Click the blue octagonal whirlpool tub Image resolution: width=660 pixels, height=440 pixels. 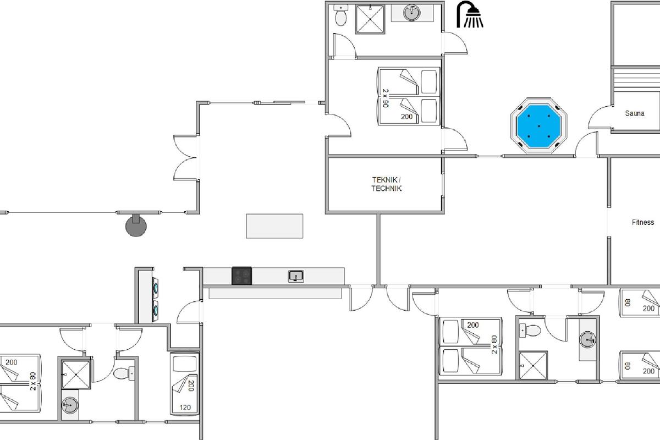538,125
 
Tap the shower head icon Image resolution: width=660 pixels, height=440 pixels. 470,14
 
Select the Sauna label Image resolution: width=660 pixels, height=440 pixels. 635,113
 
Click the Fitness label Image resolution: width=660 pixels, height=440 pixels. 642,222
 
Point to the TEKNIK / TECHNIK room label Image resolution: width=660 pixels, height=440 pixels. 386,184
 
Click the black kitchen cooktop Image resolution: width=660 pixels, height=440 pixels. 241,276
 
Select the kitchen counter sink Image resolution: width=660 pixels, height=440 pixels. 296,277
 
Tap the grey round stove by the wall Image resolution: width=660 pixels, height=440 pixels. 136,226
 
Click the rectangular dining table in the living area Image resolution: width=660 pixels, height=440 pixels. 274,226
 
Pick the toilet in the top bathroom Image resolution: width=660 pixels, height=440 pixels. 341,15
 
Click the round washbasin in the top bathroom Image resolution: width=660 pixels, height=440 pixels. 411,13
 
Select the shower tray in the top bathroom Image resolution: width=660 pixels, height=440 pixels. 370,19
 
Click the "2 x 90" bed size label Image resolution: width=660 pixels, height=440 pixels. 386,98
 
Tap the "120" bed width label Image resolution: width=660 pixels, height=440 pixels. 185,408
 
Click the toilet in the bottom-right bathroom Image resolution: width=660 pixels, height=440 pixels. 530,331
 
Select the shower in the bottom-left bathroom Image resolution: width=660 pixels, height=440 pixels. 76,375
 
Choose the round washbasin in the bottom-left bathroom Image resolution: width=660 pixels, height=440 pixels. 70,405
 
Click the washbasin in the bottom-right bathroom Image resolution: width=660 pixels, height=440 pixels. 588,339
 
